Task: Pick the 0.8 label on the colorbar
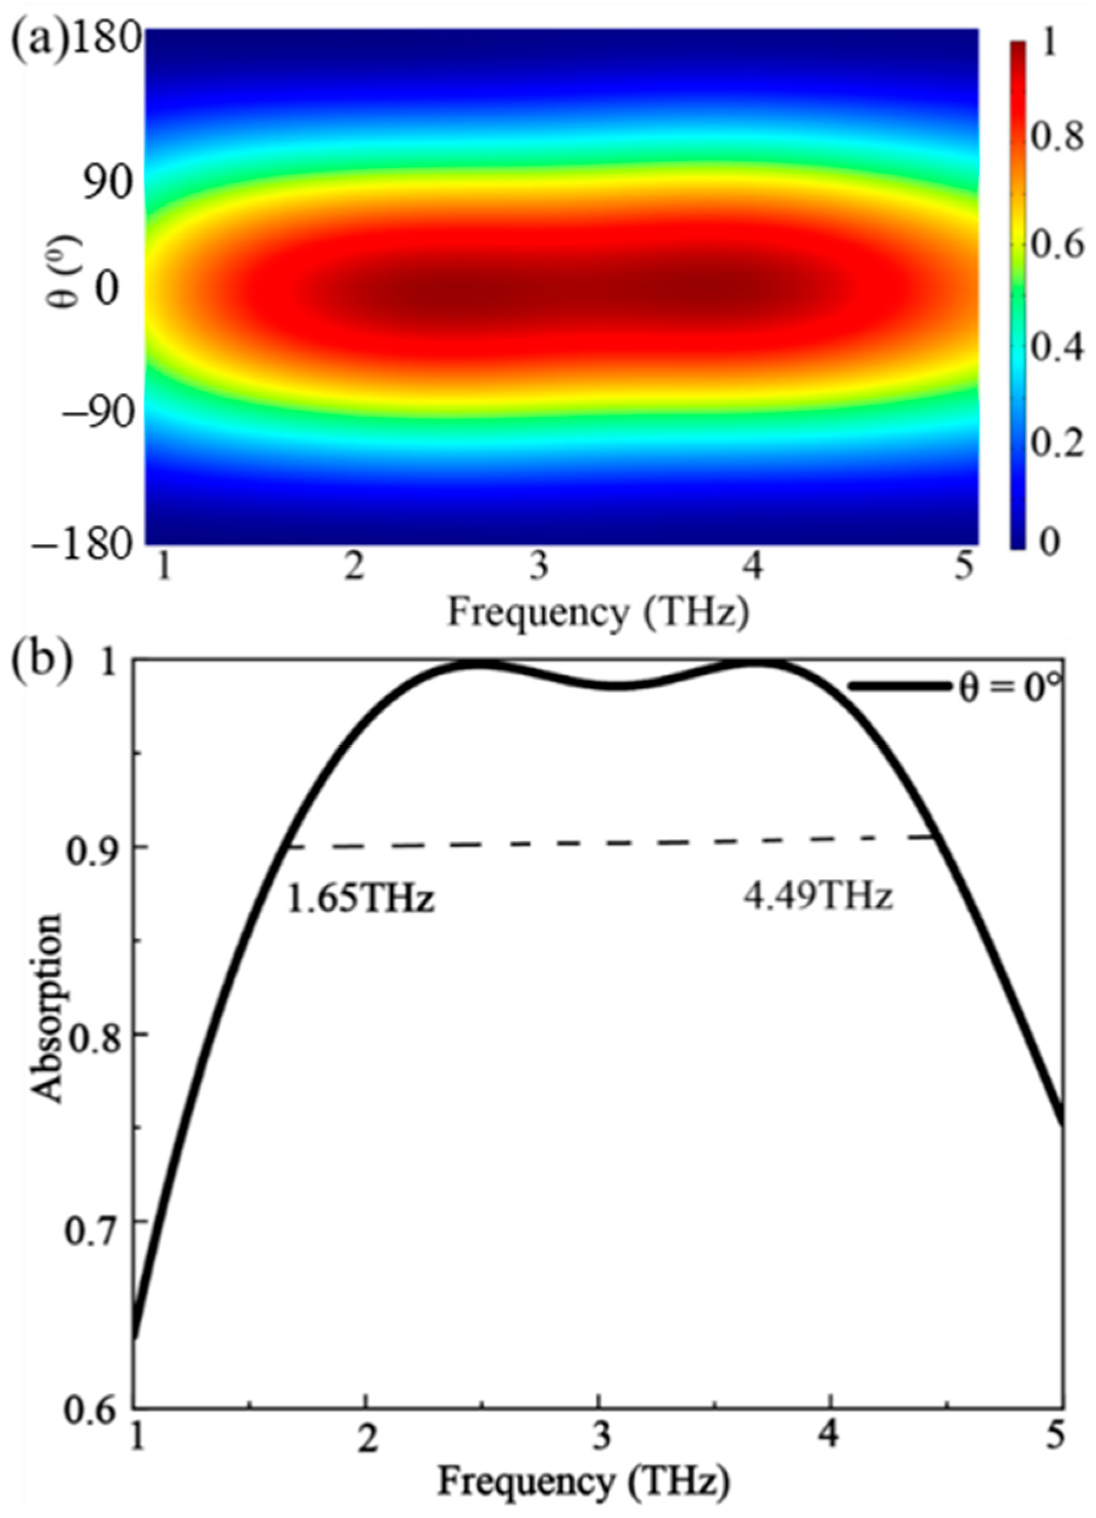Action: (1056, 138)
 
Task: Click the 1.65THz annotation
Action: (361, 899)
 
